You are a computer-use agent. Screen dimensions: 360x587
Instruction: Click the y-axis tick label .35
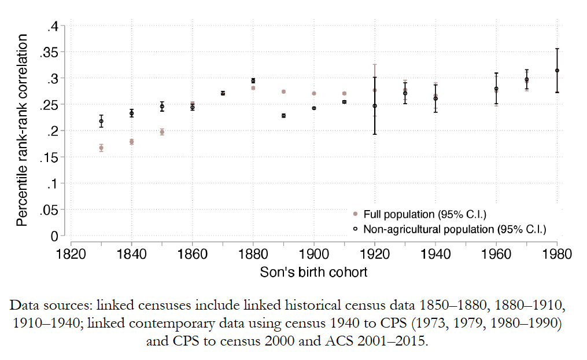click(49, 52)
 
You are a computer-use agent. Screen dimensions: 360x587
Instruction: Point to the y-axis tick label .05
click(49, 210)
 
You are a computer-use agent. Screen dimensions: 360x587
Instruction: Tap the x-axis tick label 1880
click(253, 254)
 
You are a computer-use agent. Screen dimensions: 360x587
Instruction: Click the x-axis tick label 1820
click(71, 254)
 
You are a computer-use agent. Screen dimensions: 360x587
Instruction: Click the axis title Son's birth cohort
click(313, 271)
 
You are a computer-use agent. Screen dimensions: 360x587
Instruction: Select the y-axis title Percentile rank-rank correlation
click(21, 130)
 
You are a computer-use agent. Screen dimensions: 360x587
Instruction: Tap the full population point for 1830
click(101, 148)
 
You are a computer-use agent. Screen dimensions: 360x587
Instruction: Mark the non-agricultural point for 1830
click(101, 121)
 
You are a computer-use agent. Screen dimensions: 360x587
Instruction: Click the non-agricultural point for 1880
click(253, 80)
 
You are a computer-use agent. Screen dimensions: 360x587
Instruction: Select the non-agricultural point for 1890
click(283, 116)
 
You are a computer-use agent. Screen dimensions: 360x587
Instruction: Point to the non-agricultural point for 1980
click(557, 71)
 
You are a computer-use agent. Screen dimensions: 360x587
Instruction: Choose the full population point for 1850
click(162, 132)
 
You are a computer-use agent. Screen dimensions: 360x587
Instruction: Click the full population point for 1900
click(314, 93)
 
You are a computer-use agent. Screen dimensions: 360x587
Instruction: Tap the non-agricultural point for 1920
click(375, 106)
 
